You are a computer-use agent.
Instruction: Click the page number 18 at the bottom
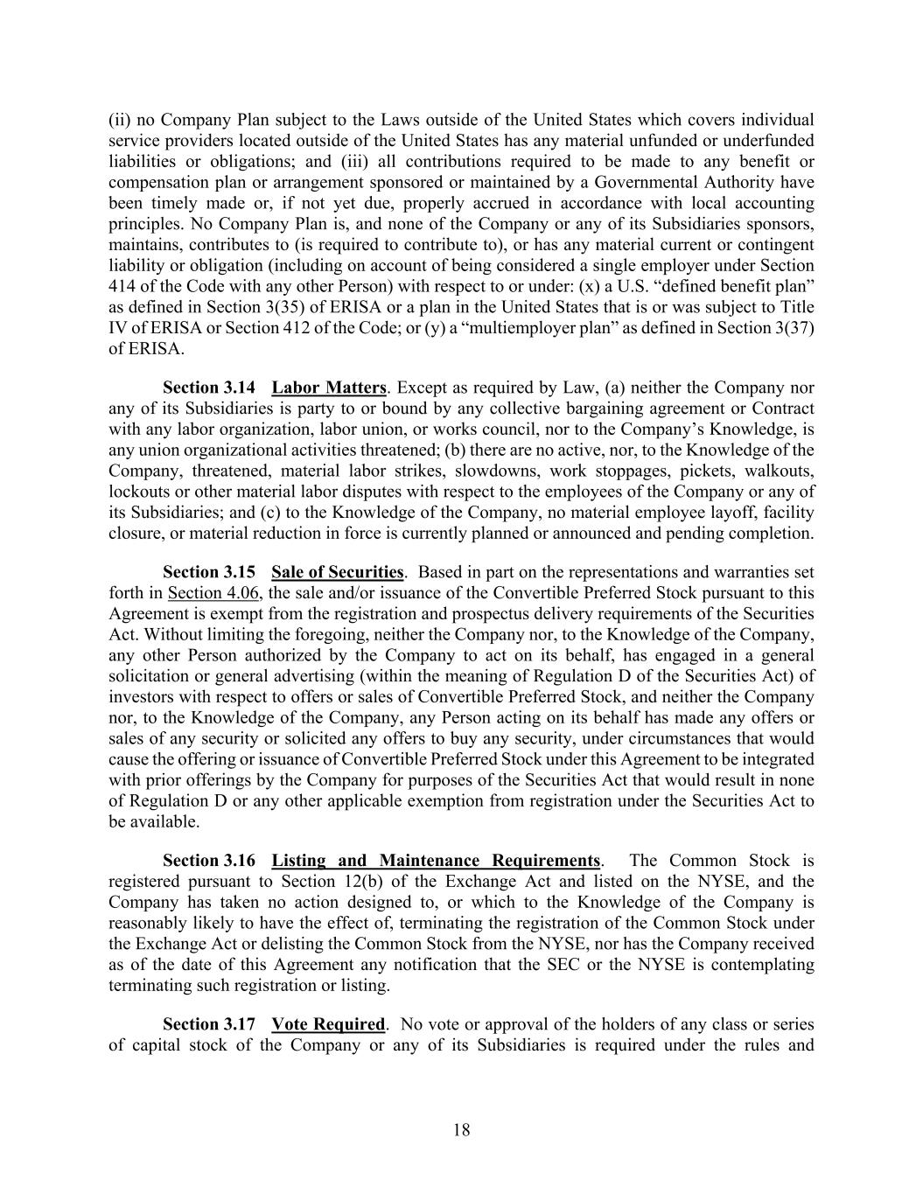click(x=461, y=1130)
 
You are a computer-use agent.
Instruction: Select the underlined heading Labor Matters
click(x=329, y=388)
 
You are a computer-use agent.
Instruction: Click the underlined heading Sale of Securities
click(x=337, y=572)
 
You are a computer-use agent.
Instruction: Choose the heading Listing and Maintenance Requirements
click(x=436, y=861)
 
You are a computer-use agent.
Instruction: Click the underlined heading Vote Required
click(x=328, y=1024)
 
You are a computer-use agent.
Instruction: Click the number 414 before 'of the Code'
click(x=122, y=287)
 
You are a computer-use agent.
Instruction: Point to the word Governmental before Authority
click(x=644, y=182)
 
